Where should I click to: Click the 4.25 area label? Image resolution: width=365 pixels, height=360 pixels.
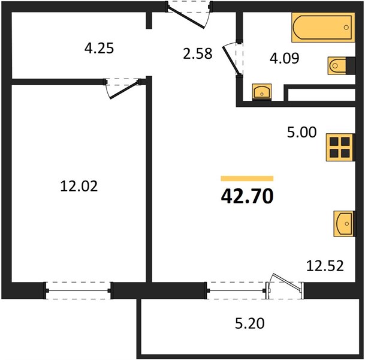pyautogui.click(x=99, y=48)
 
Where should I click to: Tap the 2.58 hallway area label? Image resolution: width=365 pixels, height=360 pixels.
pyautogui.click(x=198, y=53)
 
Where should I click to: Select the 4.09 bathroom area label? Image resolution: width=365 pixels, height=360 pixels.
pyautogui.click(x=285, y=58)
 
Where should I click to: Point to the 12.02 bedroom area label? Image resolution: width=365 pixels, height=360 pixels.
pyautogui.click(x=79, y=186)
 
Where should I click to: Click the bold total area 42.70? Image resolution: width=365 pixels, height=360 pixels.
pyautogui.click(x=247, y=196)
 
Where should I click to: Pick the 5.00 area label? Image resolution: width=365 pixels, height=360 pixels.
pyautogui.click(x=301, y=132)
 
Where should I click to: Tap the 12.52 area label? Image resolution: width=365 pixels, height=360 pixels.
pyautogui.click(x=325, y=266)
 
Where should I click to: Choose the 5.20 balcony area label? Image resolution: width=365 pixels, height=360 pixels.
pyautogui.click(x=250, y=323)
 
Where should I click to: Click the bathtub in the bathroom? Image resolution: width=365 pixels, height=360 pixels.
pyautogui.click(x=323, y=27)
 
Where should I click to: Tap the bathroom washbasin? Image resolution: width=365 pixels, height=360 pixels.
pyautogui.click(x=262, y=92)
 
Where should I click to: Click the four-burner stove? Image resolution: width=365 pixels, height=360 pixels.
pyautogui.click(x=340, y=147)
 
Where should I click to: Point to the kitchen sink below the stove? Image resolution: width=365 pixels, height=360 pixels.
pyautogui.click(x=344, y=224)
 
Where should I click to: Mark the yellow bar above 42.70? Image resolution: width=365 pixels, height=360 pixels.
pyautogui.click(x=247, y=178)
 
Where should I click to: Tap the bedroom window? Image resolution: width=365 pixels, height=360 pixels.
pyautogui.click(x=78, y=290)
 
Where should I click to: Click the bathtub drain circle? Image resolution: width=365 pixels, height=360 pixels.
pyautogui.click(x=346, y=27)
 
